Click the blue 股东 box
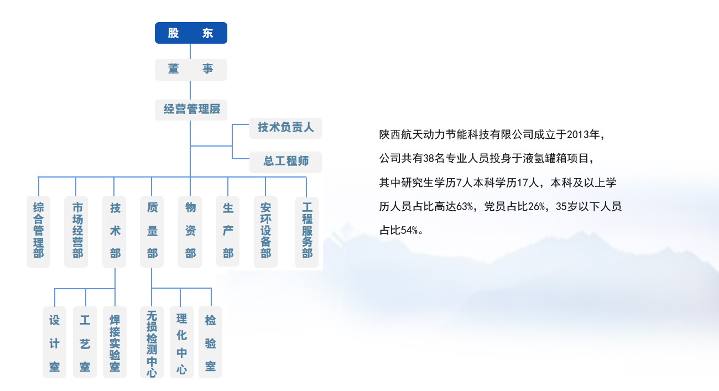[x=191, y=33]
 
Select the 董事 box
[x=191, y=70]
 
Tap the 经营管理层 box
[x=191, y=110]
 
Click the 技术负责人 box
[x=285, y=128]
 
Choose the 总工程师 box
[x=285, y=161]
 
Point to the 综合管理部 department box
[x=38, y=231]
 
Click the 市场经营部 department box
[x=76, y=231]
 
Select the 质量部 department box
[x=152, y=231]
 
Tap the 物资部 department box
[x=190, y=231]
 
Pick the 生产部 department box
[x=228, y=231]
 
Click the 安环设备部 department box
[x=265, y=231]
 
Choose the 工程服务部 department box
[x=306, y=231]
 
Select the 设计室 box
[x=54, y=342]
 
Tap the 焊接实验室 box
[x=114, y=342]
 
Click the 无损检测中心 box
[x=152, y=342]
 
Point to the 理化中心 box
[x=181, y=342]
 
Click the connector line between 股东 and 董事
[x=190, y=51]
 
